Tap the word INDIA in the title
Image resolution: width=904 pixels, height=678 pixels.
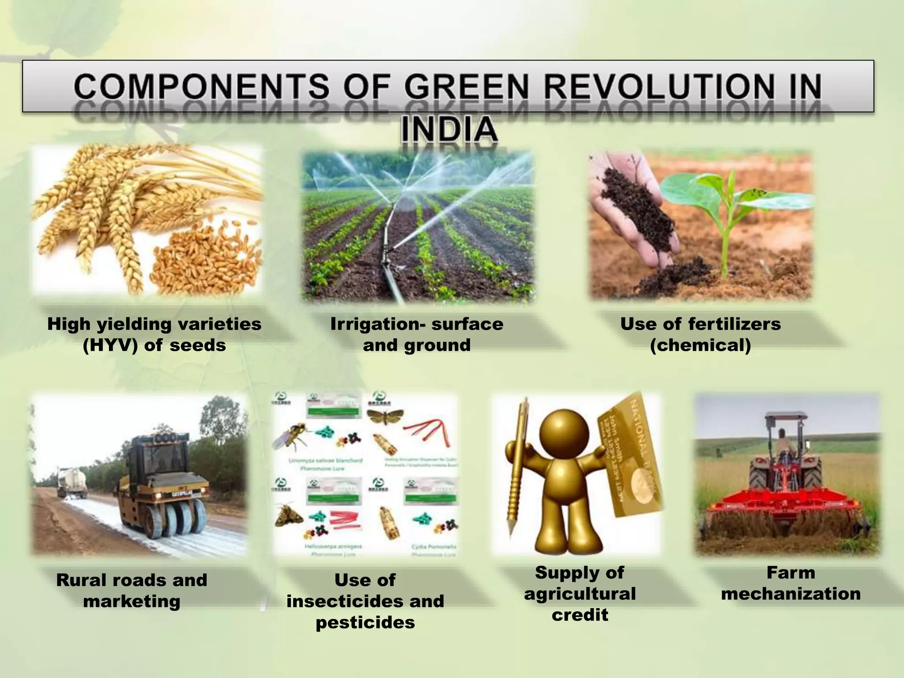click(449, 129)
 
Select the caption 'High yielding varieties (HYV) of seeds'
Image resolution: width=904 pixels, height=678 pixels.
click(154, 334)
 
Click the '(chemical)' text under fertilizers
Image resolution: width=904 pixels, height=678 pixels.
click(701, 345)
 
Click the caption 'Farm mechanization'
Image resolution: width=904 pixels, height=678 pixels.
click(791, 583)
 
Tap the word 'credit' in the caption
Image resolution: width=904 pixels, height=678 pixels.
click(580, 614)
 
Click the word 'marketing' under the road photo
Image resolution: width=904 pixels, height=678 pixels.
click(132, 601)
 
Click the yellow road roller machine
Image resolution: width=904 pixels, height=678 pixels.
click(163, 486)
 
